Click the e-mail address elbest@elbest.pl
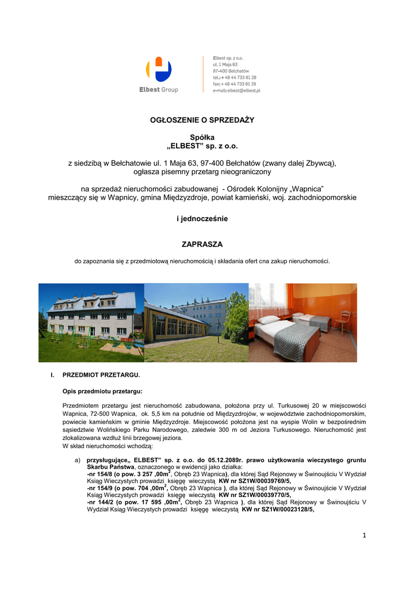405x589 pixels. point(236,91)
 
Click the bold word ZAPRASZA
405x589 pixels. point(202,244)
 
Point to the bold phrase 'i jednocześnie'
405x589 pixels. point(202,219)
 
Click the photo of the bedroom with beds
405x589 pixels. point(303,323)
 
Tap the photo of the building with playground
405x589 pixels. point(91,323)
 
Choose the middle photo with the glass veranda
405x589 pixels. point(196,323)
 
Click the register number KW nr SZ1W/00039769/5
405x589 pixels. point(255,481)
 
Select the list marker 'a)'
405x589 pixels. point(77,461)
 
